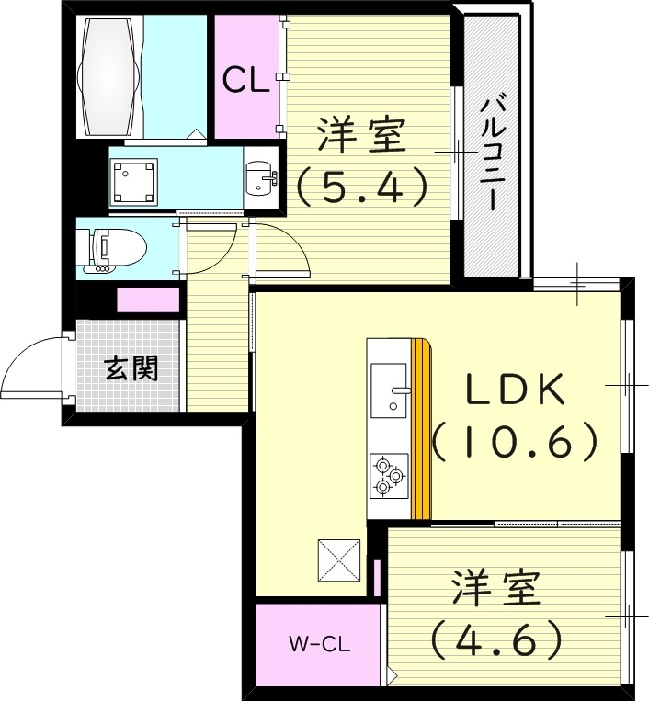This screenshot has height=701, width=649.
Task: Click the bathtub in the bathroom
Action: click(x=112, y=76)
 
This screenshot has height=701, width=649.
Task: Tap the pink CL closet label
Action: click(x=245, y=80)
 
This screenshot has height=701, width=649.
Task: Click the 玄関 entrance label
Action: click(x=131, y=369)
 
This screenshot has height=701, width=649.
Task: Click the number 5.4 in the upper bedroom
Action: click(x=362, y=188)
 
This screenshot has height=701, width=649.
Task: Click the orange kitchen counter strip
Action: click(x=421, y=430)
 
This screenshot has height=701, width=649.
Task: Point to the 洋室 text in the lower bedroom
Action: click(x=495, y=589)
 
